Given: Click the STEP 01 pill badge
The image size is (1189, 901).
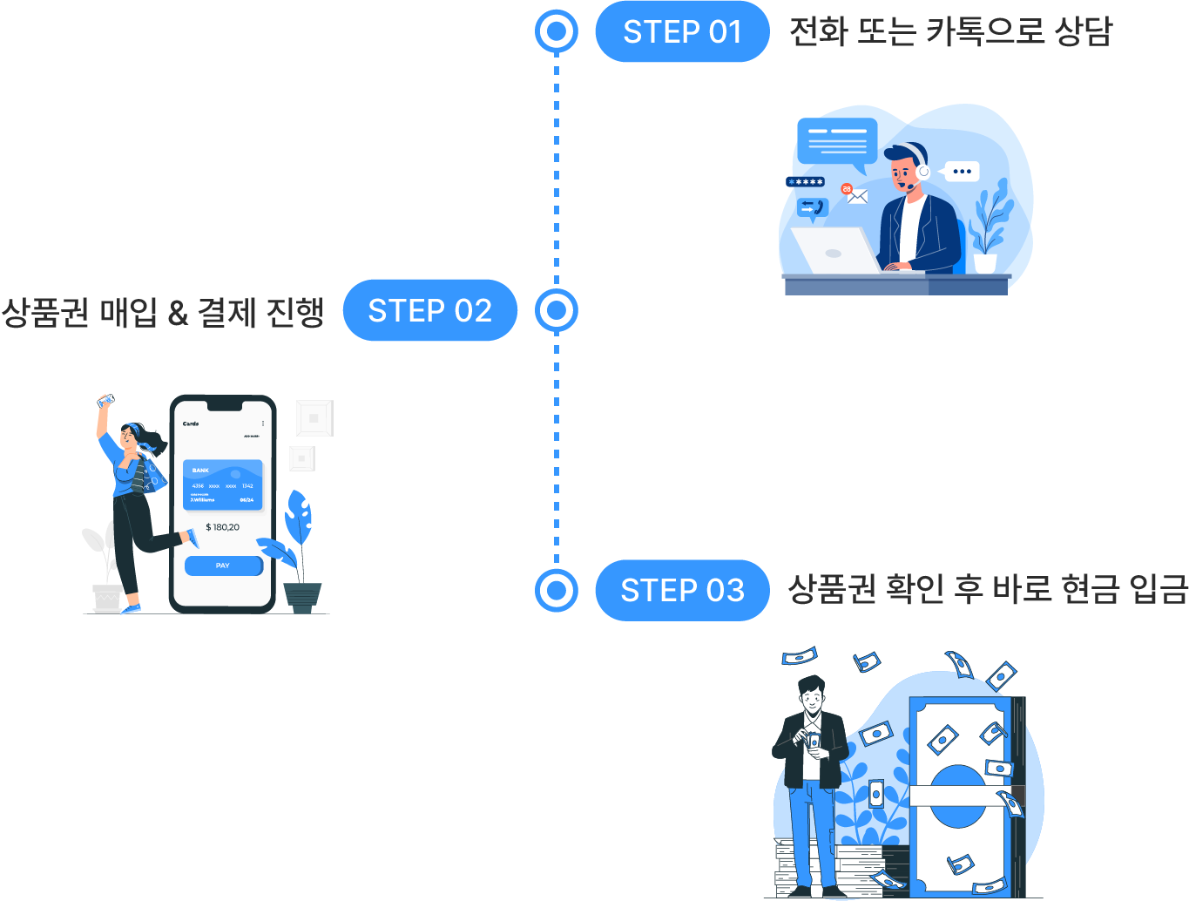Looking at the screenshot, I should (682, 32).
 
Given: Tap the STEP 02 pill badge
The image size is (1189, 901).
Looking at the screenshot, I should (429, 310).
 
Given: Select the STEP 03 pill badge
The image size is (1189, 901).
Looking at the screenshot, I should (682, 590).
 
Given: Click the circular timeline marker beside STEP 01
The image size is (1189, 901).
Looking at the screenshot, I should (557, 32).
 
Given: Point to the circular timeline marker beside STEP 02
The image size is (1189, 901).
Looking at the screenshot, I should (557, 310).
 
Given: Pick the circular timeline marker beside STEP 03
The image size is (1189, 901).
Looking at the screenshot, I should (557, 590).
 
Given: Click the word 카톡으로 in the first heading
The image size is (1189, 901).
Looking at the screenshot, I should (984, 32).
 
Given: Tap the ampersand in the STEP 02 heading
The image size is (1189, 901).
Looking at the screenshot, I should (178, 312).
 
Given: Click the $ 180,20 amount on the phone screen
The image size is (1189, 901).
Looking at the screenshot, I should (222, 527).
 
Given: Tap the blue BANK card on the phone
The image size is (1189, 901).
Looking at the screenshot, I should (222, 484).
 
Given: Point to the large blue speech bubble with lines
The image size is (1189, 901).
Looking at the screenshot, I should (836, 141).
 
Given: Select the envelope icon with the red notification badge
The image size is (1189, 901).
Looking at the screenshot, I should (856, 195).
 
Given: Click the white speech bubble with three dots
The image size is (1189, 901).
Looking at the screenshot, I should (962, 172).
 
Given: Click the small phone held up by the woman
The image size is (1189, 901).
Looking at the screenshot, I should (106, 400).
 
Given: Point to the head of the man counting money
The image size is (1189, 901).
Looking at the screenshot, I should (811, 694).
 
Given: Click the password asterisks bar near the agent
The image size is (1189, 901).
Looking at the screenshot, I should (805, 182).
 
